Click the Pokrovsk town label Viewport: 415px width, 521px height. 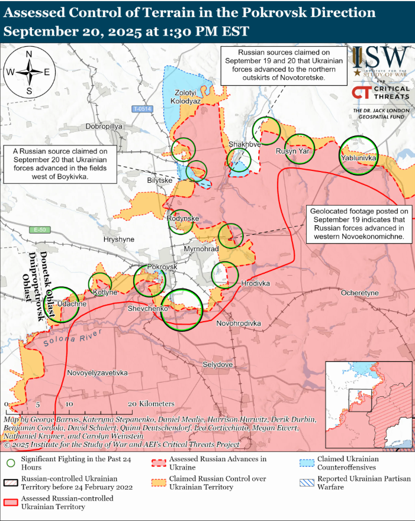click(162, 267)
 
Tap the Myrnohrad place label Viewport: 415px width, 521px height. click(201, 249)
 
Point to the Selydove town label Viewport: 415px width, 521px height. click(217, 364)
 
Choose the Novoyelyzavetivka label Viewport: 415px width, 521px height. click(98, 373)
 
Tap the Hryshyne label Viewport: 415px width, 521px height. click(119, 240)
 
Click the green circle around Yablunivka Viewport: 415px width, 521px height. click(358, 155)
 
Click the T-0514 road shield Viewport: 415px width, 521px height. click(143, 109)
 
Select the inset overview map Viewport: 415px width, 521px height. click(368, 402)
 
